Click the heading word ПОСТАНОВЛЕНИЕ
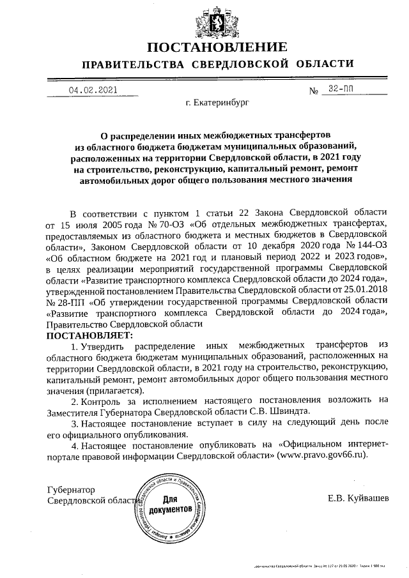[217, 47]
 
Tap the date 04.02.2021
[93, 90]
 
